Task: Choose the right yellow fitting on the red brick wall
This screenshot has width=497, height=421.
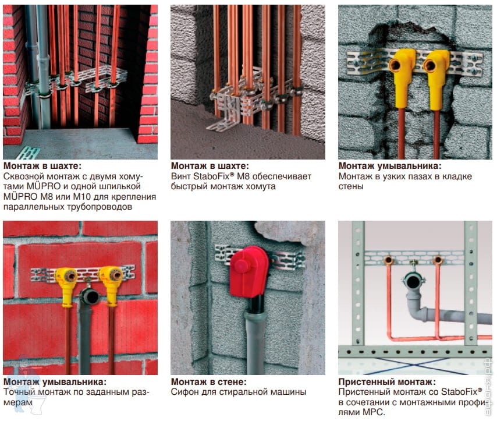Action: (x=112, y=285)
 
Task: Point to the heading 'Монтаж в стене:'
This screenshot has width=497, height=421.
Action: (x=208, y=381)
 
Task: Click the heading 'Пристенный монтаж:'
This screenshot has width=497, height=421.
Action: (x=387, y=381)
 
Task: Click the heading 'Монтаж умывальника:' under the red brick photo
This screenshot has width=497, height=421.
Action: (x=55, y=381)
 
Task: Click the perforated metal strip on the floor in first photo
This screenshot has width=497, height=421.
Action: (x=28, y=153)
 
